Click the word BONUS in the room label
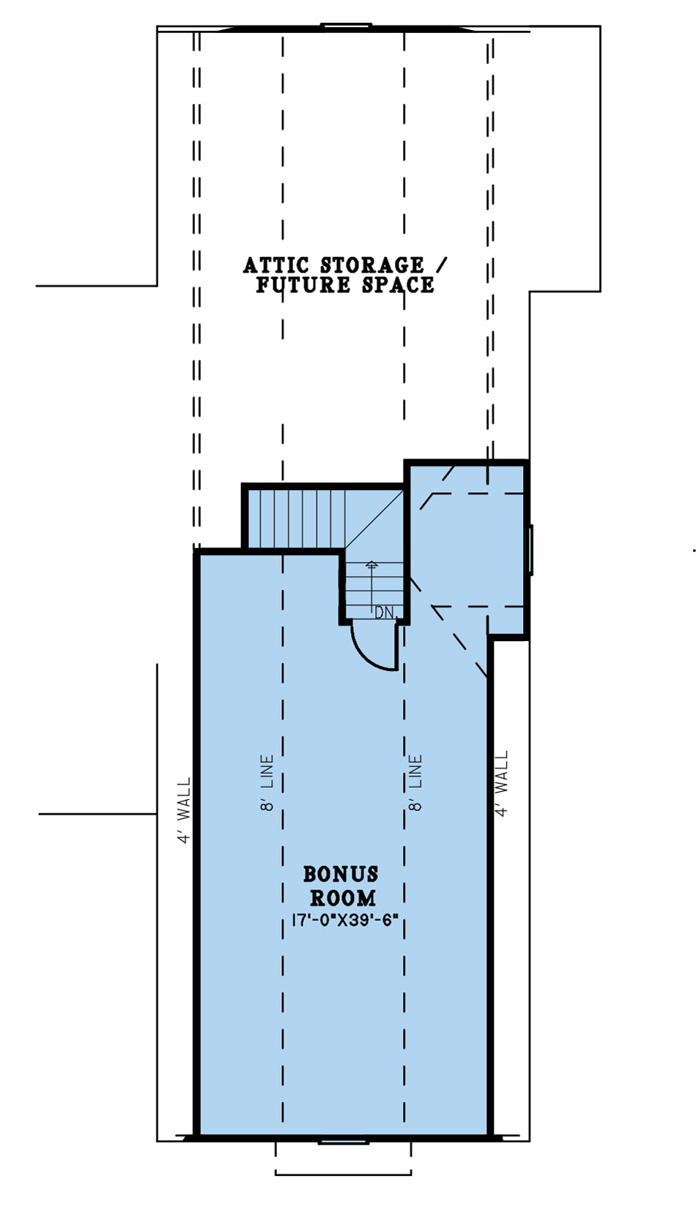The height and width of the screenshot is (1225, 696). pyautogui.click(x=341, y=874)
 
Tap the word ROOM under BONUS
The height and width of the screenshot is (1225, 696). pyautogui.click(x=343, y=898)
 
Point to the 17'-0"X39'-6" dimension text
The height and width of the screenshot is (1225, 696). pyautogui.click(x=344, y=921)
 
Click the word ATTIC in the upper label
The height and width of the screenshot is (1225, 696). pyautogui.click(x=275, y=266)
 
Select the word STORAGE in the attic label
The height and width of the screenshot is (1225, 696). pyautogui.click(x=371, y=266)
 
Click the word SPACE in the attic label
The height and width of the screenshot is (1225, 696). pyautogui.click(x=398, y=284)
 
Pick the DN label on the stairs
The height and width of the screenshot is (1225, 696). pyautogui.click(x=385, y=612)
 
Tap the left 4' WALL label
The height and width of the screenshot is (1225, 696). pyautogui.click(x=185, y=810)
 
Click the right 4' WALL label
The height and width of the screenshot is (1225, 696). pyautogui.click(x=501, y=783)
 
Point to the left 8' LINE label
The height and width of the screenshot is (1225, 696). pyautogui.click(x=266, y=782)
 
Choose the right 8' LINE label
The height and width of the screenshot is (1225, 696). pyautogui.click(x=415, y=782)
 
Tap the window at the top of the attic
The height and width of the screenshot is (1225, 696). pyautogui.click(x=346, y=25)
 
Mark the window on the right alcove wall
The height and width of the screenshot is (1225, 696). pyautogui.click(x=529, y=549)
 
